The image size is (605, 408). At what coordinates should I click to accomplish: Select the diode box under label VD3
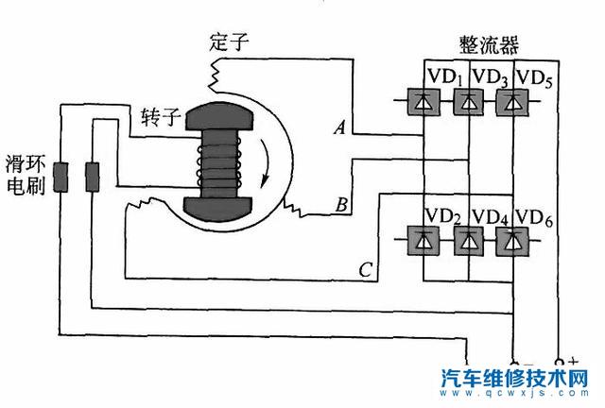(467, 100)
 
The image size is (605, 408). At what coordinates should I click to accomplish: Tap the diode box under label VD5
(512, 100)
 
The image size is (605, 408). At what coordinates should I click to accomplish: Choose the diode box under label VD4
(467, 242)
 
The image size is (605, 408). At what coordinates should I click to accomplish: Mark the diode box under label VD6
(512, 242)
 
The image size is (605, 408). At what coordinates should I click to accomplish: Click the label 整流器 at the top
(492, 45)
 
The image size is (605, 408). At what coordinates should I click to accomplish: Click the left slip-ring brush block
(59, 177)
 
